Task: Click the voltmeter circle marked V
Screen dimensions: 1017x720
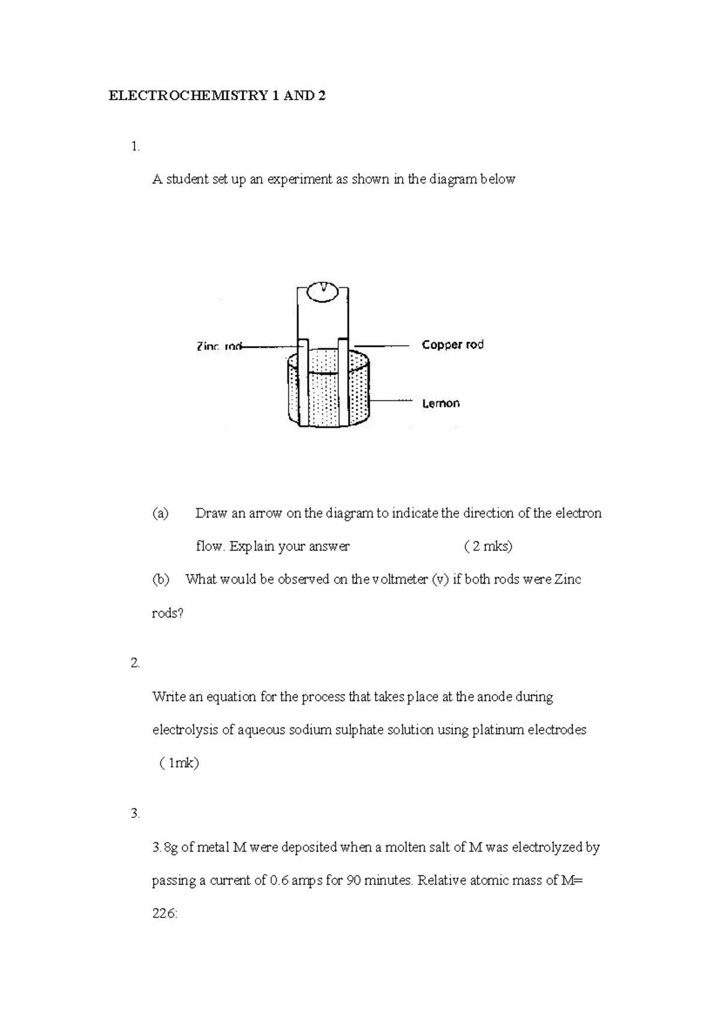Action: (x=325, y=291)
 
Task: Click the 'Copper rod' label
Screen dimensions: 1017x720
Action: (x=452, y=345)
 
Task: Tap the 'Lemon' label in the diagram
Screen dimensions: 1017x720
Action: (x=441, y=404)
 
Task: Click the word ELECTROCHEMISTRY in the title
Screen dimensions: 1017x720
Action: (x=187, y=95)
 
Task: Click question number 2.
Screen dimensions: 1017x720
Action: (x=135, y=663)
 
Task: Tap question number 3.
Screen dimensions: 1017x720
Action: (x=135, y=814)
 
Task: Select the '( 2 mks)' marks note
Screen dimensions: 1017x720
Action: (x=488, y=546)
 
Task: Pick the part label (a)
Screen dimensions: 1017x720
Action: (x=160, y=513)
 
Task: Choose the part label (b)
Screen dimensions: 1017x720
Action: (x=160, y=579)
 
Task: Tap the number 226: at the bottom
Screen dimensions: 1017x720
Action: (x=164, y=914)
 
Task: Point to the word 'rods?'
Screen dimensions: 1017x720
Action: (x=167, y=613)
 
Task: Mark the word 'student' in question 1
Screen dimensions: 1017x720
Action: (x=187, y=179)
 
